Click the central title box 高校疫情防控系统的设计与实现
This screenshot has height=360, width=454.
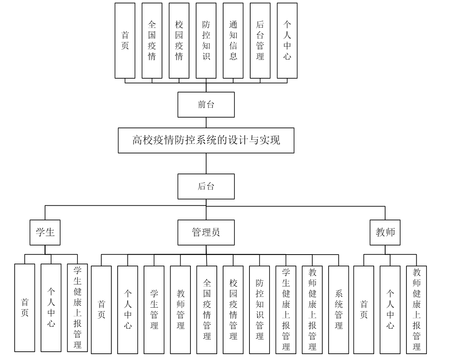pyautogui.click(x=206, y=140)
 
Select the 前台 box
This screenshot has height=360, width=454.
pyautogui.click(x=206, y=105)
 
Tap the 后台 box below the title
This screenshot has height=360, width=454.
pyautogui.click(x=206, y=186)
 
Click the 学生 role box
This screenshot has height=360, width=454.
pyautogui.click(x=45, y=233)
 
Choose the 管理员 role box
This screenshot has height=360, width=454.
pyautogui.click(x=206, y=233)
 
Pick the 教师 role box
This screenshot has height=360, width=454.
pyautogui.click(x=385, y=233)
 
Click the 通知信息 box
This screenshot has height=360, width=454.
pyautogui.click(x=233, y=41)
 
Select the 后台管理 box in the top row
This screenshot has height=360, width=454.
pyautogui.click(x=260, y=41)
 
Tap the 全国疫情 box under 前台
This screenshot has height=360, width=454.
pyautogui.click(x=152, y=41)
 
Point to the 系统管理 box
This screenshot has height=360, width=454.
pyautogui.click(x=338, y=309)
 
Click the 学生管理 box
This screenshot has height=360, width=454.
pyautogui.click(x=154, y=309)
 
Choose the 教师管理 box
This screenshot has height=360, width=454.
pyautogui.click(x=181, y=309)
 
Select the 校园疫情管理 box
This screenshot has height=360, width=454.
pyautogui.click(x=233, y=309)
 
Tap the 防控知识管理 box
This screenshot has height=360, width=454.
pyautogui.click(x=260, y=309)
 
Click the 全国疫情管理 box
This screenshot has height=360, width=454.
pyautogui.click(x=207, y=309)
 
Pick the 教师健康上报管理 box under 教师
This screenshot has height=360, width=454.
pyautogui.click(x=417, y=308)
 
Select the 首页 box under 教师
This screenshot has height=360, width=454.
pyautogui.click(x=364, y=309)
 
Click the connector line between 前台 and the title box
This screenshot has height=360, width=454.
pyautogui.click(x=206, y=122)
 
